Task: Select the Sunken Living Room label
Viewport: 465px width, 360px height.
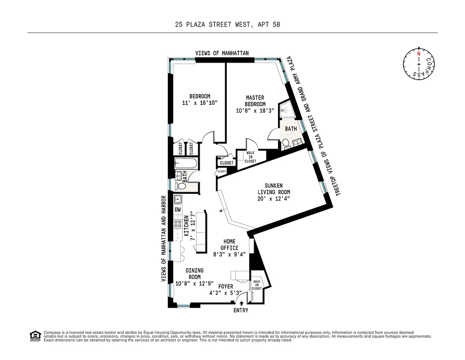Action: [271, 192]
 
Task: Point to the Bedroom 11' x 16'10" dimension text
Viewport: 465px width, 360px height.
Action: [200, 103]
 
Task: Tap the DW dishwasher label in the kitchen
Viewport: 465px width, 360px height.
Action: [178, 210]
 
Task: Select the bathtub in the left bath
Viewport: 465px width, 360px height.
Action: [185, 163]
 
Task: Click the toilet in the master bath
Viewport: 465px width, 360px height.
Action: [286, 144]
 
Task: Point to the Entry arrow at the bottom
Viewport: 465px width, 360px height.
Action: [241, 304]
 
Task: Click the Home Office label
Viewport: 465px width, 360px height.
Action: [229, 244]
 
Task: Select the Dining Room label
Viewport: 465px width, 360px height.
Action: [195, 274]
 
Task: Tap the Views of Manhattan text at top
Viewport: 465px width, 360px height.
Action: [222, 53]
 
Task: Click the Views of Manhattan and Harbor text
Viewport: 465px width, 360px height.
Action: [164, 238]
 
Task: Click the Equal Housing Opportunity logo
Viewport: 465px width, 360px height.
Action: [34, 335]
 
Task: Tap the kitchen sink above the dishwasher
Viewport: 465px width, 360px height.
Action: [178, 198]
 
